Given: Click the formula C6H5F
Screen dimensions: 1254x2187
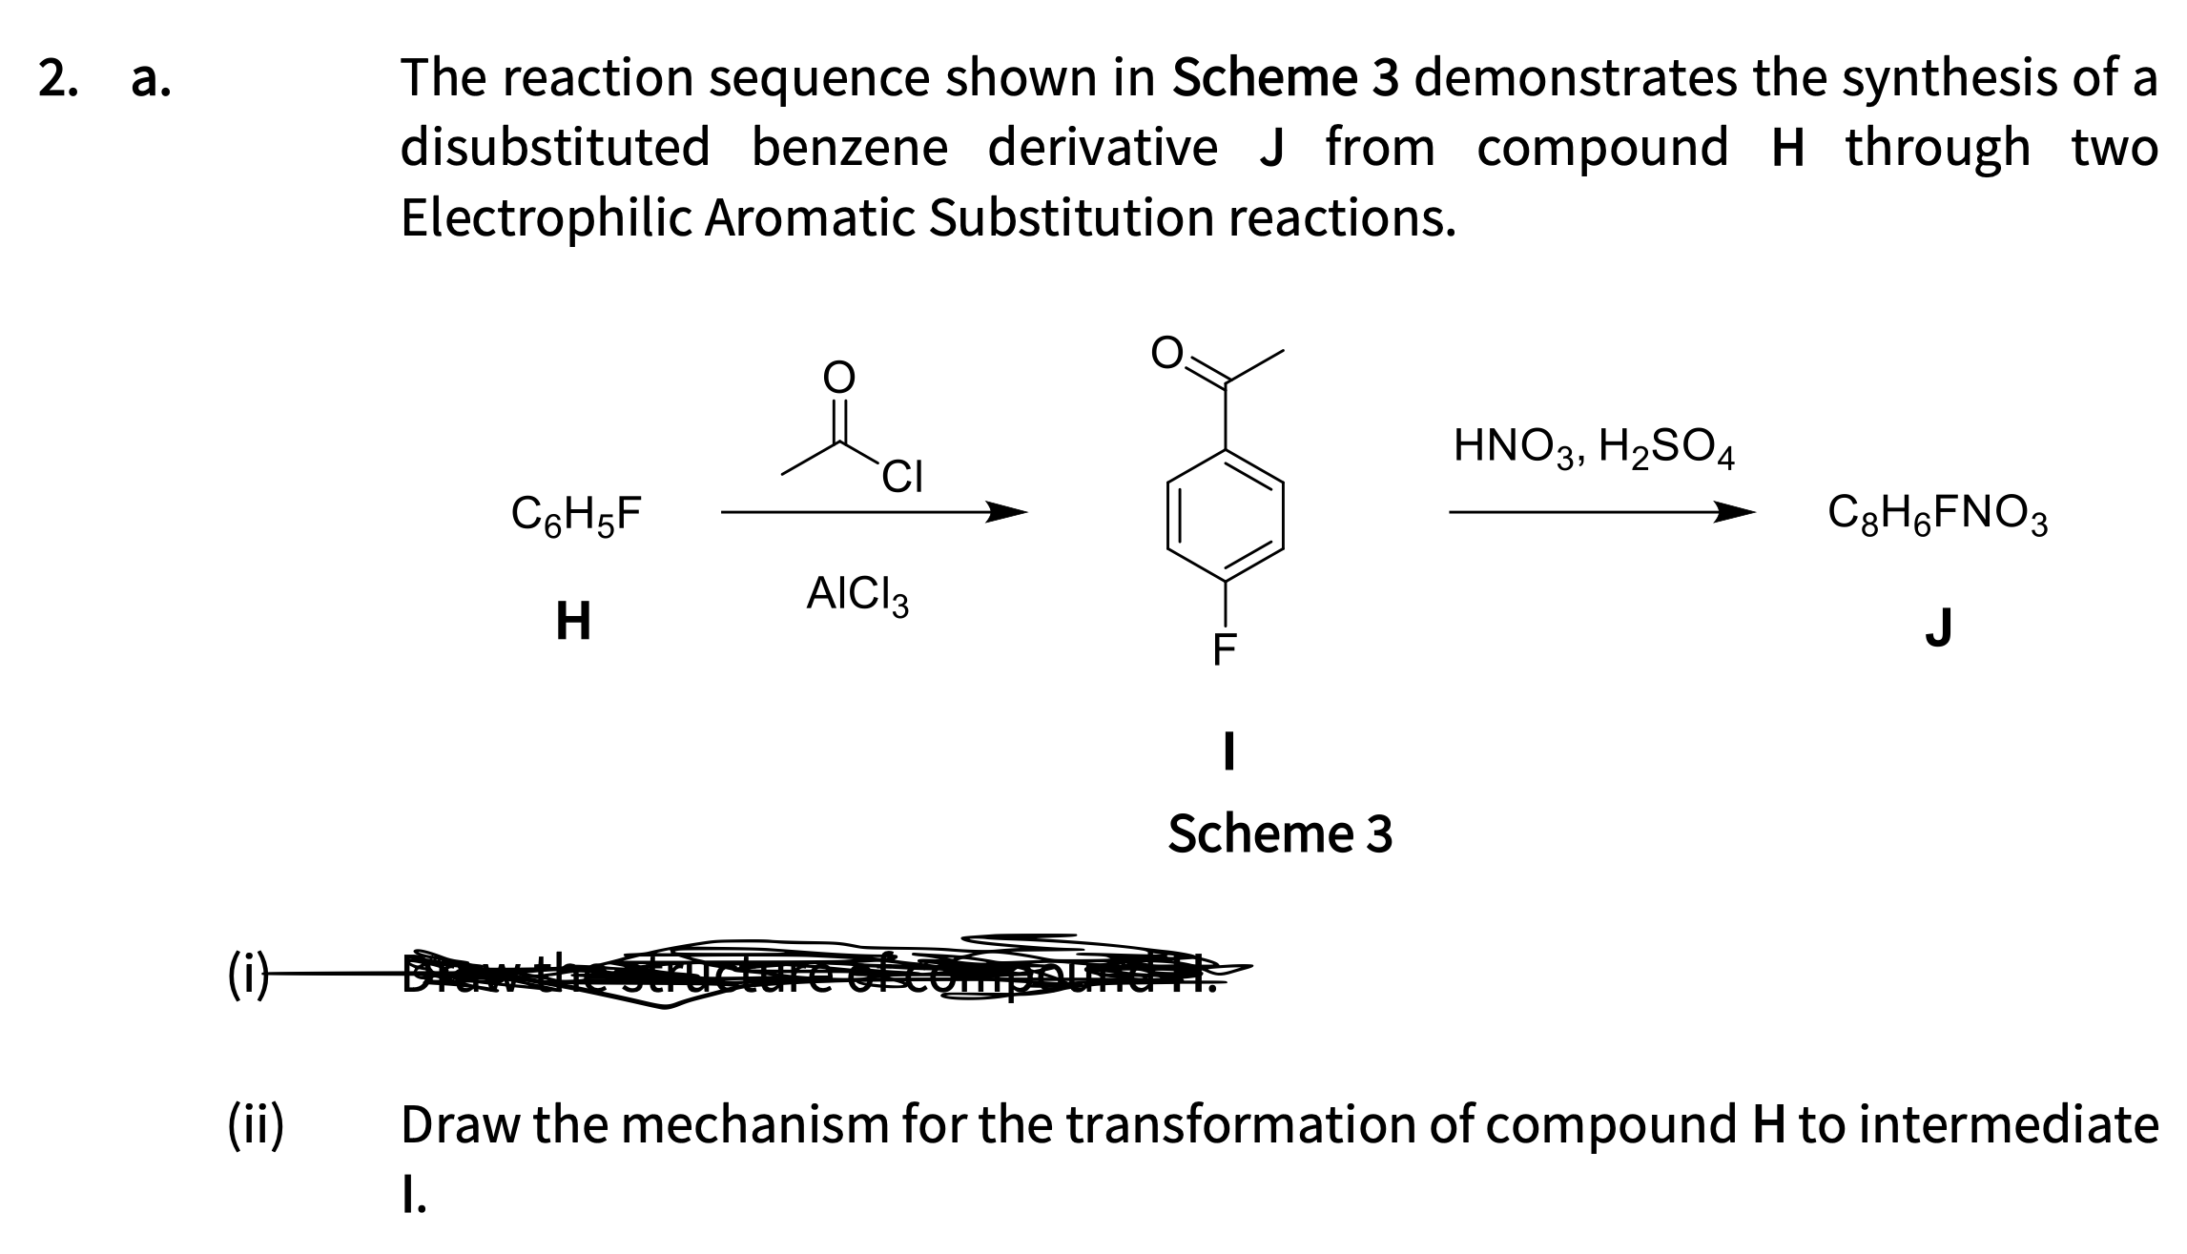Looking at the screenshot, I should pos(576,516).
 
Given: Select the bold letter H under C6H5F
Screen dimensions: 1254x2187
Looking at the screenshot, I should pos(573,622).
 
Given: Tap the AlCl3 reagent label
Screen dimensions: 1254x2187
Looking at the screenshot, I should pos(856,595).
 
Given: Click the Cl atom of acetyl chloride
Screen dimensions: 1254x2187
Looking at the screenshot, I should pos(901,477).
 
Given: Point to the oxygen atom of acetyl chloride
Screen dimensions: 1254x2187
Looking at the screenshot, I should pos(839,378).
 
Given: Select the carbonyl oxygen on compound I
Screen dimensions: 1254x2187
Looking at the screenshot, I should pos(1166,353).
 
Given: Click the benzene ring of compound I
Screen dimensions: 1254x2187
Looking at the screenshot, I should pos(1225,516).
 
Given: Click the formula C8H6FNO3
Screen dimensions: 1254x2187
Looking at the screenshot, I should pos(1937,516).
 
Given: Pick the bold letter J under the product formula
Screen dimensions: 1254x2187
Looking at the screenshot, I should pos(1938,627).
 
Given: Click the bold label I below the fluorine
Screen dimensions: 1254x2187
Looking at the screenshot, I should pos(1228,751).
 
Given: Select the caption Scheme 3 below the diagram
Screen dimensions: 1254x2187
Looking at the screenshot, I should pos(1280,833).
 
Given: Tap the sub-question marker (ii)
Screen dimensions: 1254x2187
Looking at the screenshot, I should pos(256,1125).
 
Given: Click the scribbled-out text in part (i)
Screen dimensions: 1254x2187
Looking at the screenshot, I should pos(811,973).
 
